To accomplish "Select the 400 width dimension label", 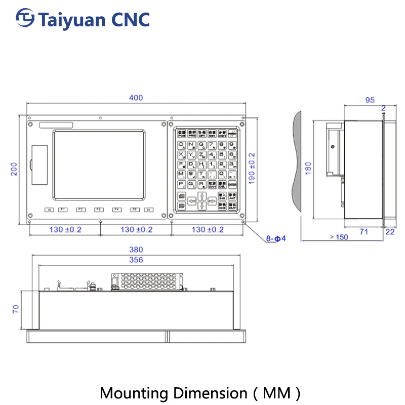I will coord(136,98).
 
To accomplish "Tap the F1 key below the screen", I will coord(63,210).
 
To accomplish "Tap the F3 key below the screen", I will coord(99,210).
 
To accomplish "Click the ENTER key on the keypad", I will coord(232,185).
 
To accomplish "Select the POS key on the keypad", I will coord(181,135).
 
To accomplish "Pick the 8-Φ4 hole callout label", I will coord(276,238).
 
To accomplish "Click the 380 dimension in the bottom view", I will coord(136,250).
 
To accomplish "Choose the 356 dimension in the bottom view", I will coord(136,260).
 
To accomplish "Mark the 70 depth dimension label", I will coord(15,309).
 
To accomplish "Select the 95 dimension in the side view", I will coord(370,100).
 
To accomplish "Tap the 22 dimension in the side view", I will coord(390,231).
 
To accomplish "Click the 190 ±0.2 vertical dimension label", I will coord(252,169).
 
